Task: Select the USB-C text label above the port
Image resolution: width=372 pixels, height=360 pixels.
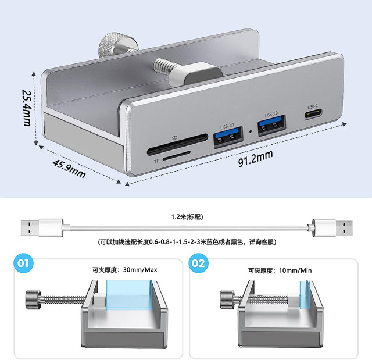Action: click(313, 106)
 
